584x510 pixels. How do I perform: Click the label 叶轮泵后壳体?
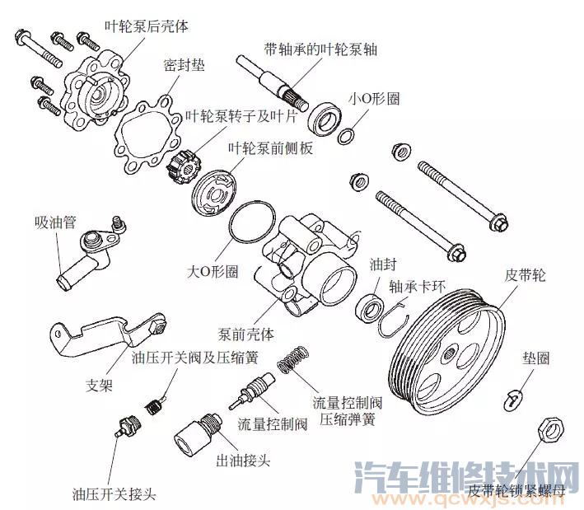[147, 26]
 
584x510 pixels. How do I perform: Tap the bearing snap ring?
[395, 318]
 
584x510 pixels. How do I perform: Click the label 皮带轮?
[524, 275]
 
